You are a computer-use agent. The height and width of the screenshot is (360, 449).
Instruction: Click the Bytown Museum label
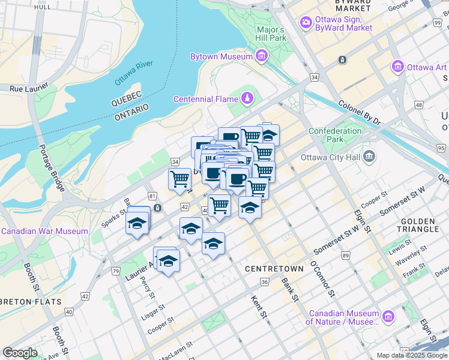[x=212, y=56]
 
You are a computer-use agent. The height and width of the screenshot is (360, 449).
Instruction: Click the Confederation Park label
[x=335, y=135]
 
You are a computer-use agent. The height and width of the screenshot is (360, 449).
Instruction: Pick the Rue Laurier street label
[x=25, y=88]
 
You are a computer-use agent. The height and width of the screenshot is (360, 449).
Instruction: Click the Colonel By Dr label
[x=360, y=112]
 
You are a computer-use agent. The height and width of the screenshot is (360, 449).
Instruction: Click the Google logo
[x=20, y=353]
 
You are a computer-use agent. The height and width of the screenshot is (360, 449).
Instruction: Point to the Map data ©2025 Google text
[x=411, y=355]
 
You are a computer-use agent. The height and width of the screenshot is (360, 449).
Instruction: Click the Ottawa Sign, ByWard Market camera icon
[x=306, y=22]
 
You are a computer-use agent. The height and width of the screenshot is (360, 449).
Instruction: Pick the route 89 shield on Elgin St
[x=346, y=256]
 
